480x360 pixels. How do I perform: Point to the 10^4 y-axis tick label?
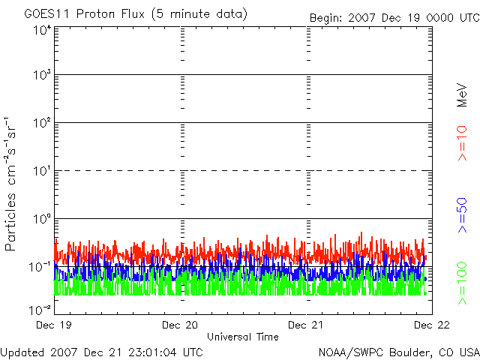pos(42,30)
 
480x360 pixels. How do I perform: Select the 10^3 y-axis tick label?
pos(42,74)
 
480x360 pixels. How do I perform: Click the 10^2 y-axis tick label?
pos(42,122)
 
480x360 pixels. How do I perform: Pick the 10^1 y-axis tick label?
pos(42,170)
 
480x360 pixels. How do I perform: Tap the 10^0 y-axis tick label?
pos(42,218)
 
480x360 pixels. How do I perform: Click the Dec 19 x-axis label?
pos(54,325)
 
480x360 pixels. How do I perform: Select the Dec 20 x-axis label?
pos(181,325)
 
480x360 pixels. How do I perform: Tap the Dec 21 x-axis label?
pos(307,325)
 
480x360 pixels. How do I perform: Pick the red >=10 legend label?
pos(463,142)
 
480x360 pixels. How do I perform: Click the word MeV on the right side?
pos(463,95)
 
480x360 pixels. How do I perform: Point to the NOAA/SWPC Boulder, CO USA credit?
pos(397,352)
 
